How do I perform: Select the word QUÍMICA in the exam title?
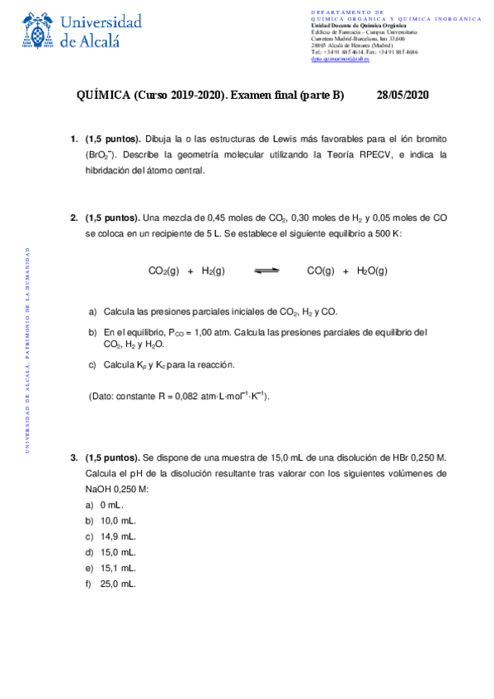point(102,95)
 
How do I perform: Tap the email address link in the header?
point(340,59)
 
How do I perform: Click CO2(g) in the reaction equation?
point(163,270)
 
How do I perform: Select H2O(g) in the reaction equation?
point(372,270)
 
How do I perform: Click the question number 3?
point(73,457)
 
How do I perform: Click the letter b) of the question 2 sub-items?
point(92,332)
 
